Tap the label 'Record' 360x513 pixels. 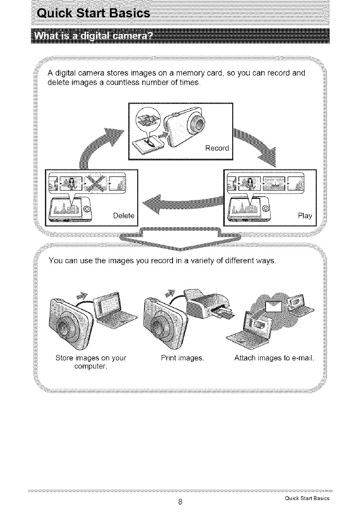217,148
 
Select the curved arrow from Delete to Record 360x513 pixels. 99,144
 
